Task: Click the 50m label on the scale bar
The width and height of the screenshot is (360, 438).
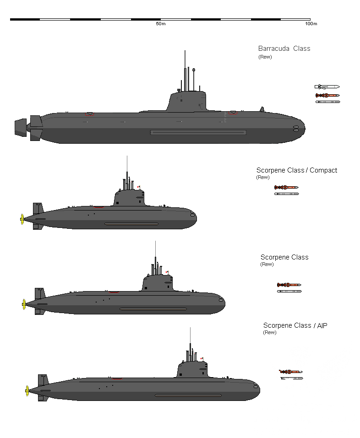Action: (161, 24)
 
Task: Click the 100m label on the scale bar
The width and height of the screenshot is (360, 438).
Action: (311, 24)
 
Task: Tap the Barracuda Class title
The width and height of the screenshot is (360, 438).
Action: (284, 49)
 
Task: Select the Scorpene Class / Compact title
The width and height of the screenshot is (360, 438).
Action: (296, 170)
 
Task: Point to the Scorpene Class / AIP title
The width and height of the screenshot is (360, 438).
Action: (295, 325)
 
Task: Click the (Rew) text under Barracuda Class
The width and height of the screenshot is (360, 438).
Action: (265, 57)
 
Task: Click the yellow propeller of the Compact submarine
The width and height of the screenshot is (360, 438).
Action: (22, 219)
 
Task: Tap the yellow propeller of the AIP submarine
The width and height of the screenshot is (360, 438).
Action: (27, 391)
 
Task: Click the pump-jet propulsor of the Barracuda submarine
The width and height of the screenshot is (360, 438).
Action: (21, 127)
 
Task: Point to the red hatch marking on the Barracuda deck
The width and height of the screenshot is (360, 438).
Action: (89, 114)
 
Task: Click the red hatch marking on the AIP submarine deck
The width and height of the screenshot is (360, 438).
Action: (117, 379)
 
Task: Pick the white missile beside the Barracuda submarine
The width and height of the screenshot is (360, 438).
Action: (327, 87)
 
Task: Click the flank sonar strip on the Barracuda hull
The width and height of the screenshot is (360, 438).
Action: (198, 133)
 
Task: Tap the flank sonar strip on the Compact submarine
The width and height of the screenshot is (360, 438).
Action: (131, 224)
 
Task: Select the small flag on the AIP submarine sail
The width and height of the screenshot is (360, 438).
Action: (202, 358)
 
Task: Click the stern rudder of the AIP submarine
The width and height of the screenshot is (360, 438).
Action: (43, 387)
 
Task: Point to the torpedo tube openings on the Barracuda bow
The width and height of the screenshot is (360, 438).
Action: (296, 129)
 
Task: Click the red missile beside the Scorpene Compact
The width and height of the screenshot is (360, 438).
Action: (286, 187)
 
